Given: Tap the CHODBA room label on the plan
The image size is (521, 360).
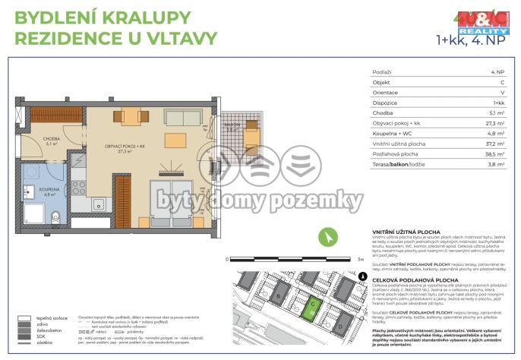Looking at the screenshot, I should pyautogui.click(x=51, y=138).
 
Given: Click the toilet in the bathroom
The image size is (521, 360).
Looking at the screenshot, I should pyautogui.click(x=57, y=219).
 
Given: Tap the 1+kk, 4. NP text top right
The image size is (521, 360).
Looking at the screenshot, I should pyautogui.click(x=471, y=39).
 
